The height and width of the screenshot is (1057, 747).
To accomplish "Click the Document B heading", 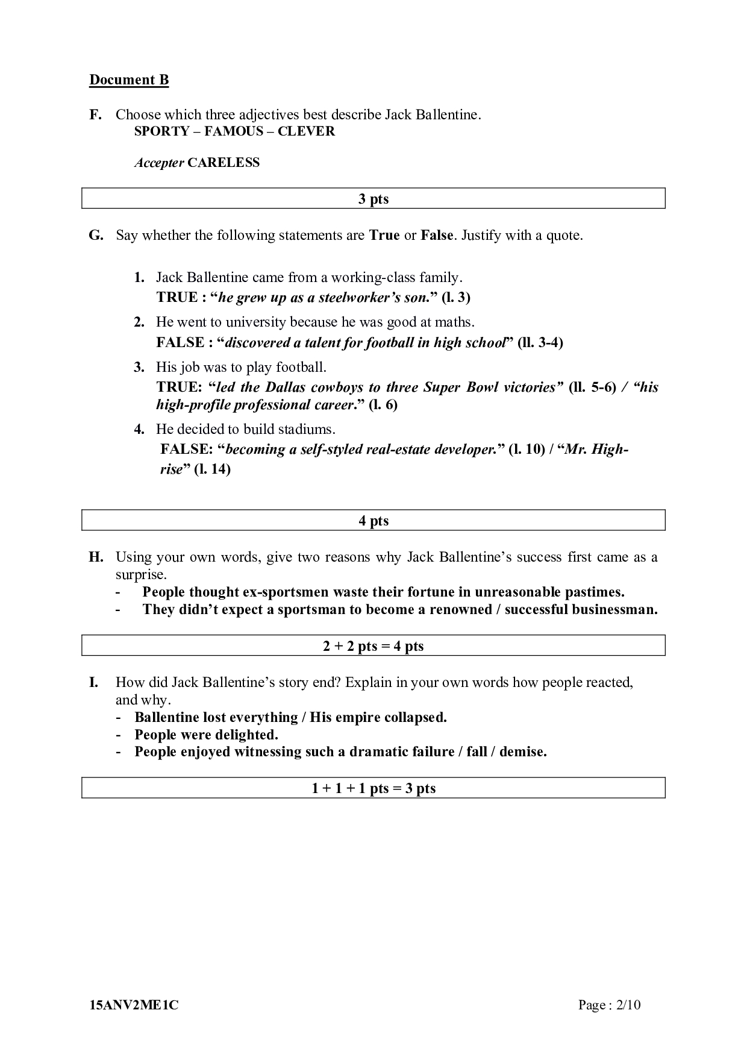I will point(129,80).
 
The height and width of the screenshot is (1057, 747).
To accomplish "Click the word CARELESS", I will point(223,163).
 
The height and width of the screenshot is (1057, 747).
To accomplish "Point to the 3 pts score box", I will point(373,199).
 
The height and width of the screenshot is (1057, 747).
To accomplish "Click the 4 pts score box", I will point(373,521).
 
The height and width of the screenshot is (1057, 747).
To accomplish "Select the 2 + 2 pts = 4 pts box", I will point(373,646).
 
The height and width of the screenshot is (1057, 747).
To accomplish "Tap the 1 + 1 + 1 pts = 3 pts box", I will point(373,788).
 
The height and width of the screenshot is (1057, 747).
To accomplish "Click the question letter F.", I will point(95,114).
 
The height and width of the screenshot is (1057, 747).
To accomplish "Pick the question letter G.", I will point(96,235).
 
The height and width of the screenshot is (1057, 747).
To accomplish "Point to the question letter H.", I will point(96,557).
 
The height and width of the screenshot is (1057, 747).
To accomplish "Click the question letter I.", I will point(93,682).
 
